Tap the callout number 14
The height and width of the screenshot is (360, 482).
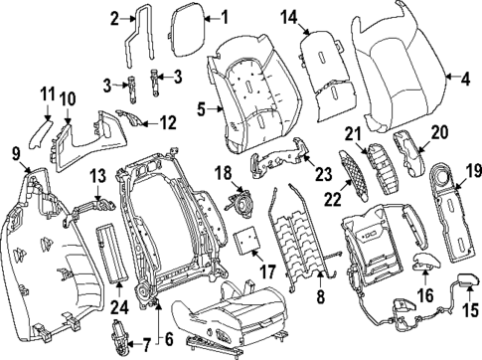[288, 17]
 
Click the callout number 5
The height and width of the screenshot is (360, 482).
[201, 109]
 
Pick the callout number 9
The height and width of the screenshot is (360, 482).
[14, 152]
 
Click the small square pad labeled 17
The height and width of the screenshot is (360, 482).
[246, 239]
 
